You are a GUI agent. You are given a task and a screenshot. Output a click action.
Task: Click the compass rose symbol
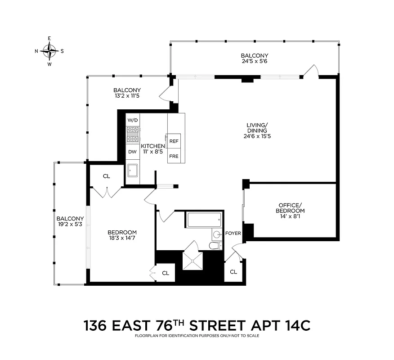point(49,51)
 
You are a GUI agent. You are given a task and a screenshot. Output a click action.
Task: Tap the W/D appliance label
point(133,120)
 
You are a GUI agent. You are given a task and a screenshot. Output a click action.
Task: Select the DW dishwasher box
point(133,152)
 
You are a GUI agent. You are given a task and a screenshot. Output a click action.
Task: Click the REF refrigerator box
point(174,141)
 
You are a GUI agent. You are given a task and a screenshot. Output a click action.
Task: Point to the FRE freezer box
point(174,157)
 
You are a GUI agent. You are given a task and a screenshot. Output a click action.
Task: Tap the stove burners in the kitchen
point(133,135)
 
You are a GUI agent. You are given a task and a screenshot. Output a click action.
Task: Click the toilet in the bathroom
point(215,245)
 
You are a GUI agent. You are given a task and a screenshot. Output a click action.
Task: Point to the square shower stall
point(193,261)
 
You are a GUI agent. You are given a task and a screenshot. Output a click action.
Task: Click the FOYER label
point(233,234)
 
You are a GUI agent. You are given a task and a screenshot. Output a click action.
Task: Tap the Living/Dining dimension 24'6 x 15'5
point(257,135)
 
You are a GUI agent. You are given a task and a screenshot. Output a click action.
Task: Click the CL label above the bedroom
point(106,176)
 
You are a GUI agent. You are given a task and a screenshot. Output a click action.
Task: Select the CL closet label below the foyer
point(233,272)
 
